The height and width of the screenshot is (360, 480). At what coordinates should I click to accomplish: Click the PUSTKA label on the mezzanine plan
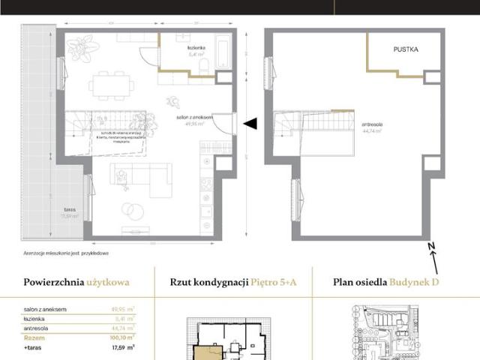[x=405, y=49]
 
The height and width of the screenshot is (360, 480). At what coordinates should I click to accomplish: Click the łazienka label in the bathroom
[x=197, y=48]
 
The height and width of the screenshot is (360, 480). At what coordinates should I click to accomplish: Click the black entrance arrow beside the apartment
[x=251, y=124]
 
